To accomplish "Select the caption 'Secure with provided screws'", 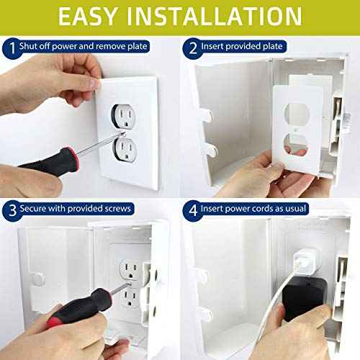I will pyautogui.click(x=77, y=208).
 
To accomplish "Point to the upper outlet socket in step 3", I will pyautogui.click(x=132, y=269).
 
